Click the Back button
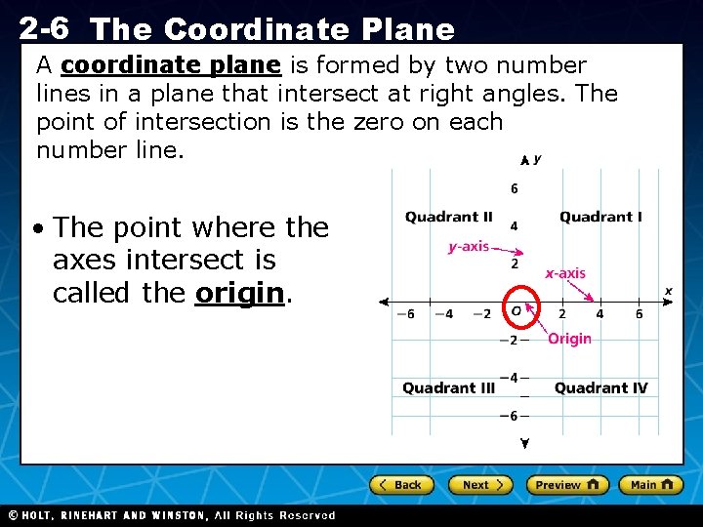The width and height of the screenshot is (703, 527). [400, 485]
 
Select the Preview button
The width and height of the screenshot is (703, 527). [567, 485]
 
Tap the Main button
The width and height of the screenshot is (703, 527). [650, 485]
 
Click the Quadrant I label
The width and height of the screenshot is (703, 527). [600, 217]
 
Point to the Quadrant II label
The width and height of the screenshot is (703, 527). [448, 217]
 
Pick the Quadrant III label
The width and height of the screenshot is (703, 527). [448, 387]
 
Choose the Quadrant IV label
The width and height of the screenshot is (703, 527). [600, 387]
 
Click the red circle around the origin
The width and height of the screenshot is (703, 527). [517, 310]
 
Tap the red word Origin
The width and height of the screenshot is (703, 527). [569, 339]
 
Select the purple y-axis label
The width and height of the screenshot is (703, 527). [468, 247]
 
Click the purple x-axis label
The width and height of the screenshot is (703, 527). [565, 273]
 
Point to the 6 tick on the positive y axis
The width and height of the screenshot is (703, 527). [515, 188]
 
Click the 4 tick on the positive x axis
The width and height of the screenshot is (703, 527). [600, 314]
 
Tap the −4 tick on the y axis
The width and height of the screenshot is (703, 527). [509, 378]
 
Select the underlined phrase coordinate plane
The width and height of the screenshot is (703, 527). [171, 66]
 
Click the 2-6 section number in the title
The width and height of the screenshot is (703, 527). [44, 27]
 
